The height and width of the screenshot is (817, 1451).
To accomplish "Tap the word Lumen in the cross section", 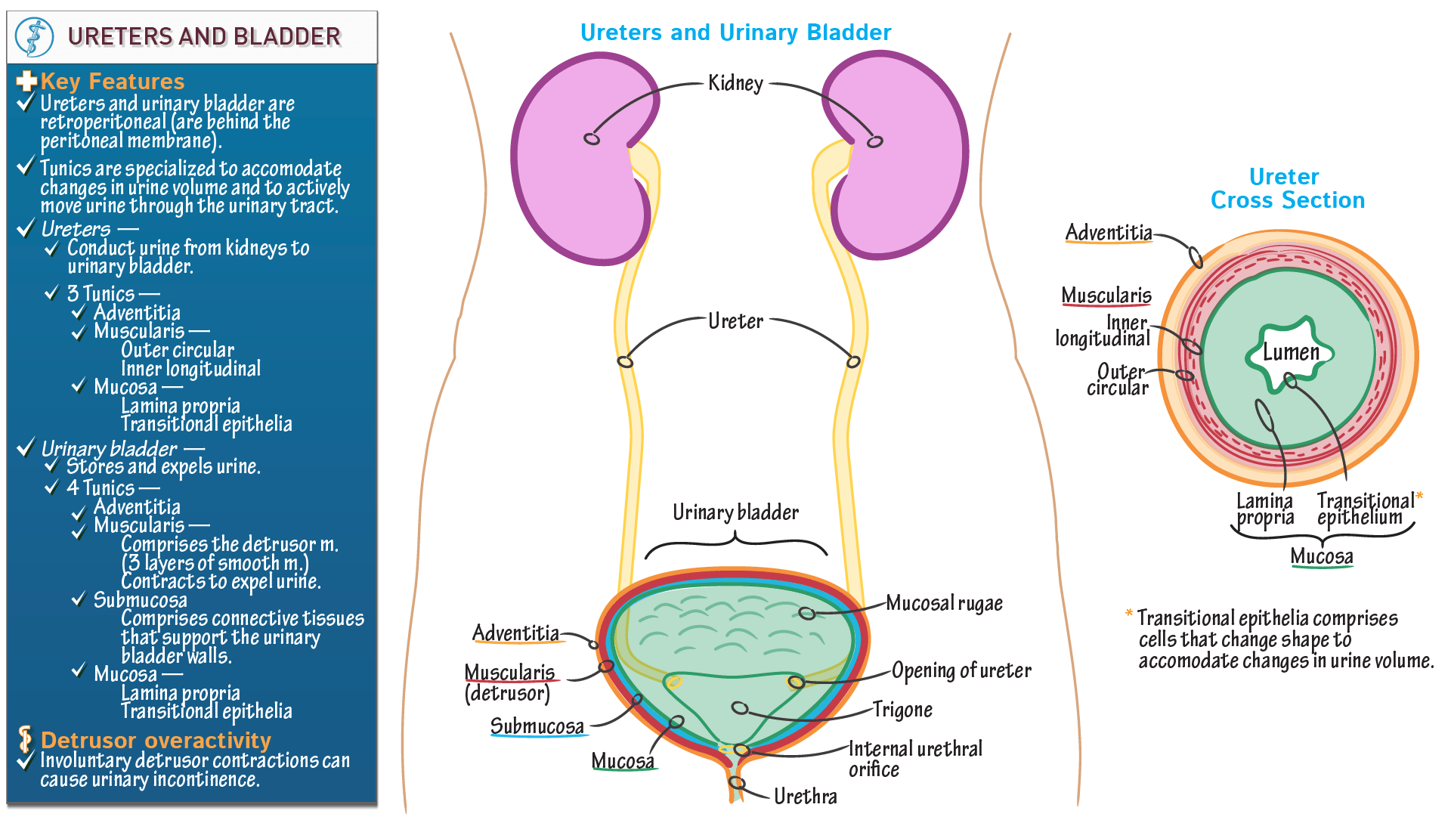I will (x=1291, y=352).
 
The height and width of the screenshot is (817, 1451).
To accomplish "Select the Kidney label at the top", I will (x=735, y=83).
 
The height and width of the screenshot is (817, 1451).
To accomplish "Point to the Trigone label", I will (x=902, y=710).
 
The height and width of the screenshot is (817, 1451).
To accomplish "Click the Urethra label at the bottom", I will (x=805, y=797).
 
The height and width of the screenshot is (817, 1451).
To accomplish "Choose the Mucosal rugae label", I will (x=944, y=603).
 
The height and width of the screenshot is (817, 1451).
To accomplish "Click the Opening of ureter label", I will (x=961, y=670).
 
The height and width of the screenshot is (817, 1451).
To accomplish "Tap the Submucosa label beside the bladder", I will (x=537, y=726).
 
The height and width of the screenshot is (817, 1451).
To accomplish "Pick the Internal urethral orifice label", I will (x=914, y=759).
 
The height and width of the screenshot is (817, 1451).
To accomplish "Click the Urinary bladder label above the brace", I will (x=735, y=512).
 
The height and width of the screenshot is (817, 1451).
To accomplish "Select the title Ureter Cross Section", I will (x=1287, y=188).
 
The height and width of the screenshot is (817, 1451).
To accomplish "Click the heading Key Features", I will (x=113, y=81).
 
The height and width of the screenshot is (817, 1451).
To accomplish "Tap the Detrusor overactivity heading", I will (x=156, y=740).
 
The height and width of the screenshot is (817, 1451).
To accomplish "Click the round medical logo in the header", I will (x=35, y=36).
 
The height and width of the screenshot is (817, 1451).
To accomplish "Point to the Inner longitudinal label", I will (x=1103, y=331).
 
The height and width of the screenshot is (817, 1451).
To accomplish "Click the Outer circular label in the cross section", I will (x=1118, y=379).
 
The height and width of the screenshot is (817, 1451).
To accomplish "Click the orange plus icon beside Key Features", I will (x=26, y=81).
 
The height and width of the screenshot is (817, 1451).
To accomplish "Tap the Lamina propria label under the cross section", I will (x=1264, y=509).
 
